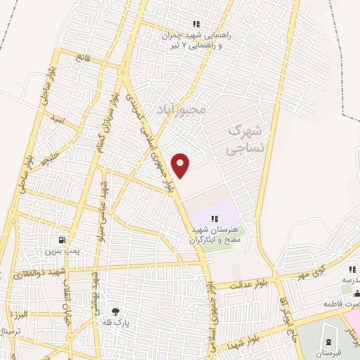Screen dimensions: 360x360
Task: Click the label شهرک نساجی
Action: [248, 140]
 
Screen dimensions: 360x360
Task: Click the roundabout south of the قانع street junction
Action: [123, 72]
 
